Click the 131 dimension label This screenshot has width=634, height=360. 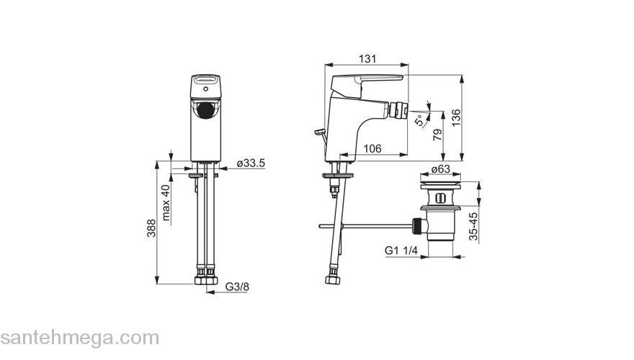(x=367, y=58)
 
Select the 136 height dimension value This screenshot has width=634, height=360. (x=455, y=118)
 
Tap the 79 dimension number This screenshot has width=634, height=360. (x=438, y=135)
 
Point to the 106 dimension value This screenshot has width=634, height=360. (x=372, y=149)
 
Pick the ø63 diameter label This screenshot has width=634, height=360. (x=440, y=169)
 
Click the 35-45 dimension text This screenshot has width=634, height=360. (x=473, y=226)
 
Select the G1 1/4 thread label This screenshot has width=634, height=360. (x=401, y=250)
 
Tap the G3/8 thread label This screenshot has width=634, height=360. (x=237, y=287)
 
